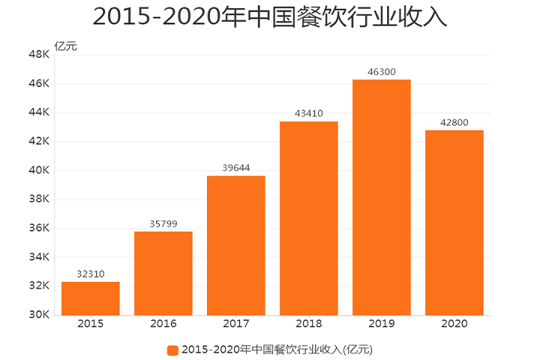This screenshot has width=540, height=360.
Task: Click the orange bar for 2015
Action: (91, 298)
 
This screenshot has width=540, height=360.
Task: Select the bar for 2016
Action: (163, 273)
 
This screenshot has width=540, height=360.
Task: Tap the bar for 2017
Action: (236, 245)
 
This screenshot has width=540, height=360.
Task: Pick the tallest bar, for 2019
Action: (382, 197)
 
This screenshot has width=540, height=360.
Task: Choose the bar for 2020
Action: (454, 223)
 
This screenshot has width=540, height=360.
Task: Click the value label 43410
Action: (309, 114)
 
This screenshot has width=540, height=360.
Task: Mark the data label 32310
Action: (91, 274)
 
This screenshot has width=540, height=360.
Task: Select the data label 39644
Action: (236, 168)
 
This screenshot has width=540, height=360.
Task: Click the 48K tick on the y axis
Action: (39, 55)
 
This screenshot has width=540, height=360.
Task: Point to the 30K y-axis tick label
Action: (39, 315)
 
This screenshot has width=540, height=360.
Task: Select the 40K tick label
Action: (39, 170)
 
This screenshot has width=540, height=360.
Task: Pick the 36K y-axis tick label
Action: (39, 228)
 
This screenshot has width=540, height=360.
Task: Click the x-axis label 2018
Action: (309, 324)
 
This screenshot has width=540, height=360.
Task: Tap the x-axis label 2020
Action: (454, 324)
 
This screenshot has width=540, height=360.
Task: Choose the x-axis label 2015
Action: (91, 324)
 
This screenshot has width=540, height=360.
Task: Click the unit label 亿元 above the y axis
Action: (66, 46)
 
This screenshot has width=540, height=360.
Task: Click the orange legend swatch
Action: (172, 349)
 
